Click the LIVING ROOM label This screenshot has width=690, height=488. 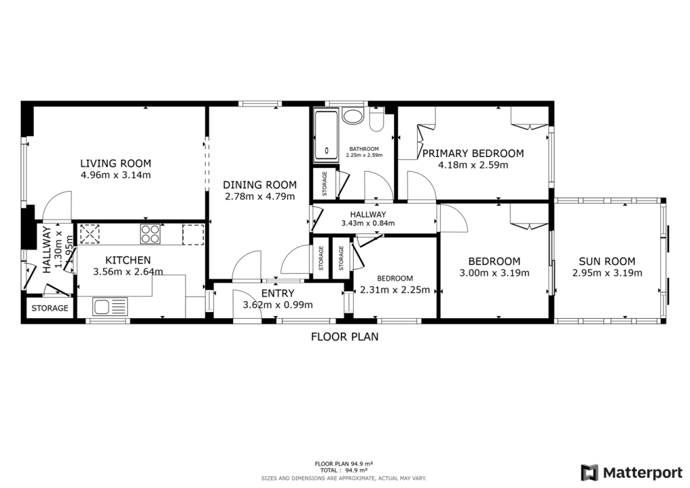coord(115,163)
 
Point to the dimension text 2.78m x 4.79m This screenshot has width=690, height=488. coord(259,197)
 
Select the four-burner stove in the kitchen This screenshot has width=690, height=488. coord(150,234)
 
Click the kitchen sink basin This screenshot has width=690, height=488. coord(110,307)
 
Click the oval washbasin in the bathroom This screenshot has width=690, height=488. coord(352,115)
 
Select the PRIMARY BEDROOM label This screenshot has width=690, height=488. coord(472,154)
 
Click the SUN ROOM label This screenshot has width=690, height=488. coord(606,262)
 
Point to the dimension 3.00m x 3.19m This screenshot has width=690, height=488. coord(494,273)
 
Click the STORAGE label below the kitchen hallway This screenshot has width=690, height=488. coord(50,308)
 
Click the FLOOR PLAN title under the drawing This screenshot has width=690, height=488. coord(344,336)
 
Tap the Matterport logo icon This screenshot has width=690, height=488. coord(590,472)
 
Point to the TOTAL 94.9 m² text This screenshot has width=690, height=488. coord(344,470)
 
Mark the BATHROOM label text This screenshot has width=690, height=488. coord(363,149)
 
